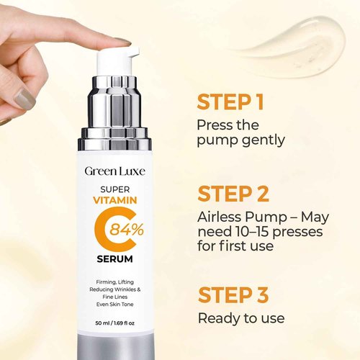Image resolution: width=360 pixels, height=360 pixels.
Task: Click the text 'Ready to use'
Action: pos(240,318)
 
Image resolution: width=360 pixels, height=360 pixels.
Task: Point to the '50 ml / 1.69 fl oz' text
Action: pos(116,323)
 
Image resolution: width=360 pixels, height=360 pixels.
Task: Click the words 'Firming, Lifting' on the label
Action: pos(116,281)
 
